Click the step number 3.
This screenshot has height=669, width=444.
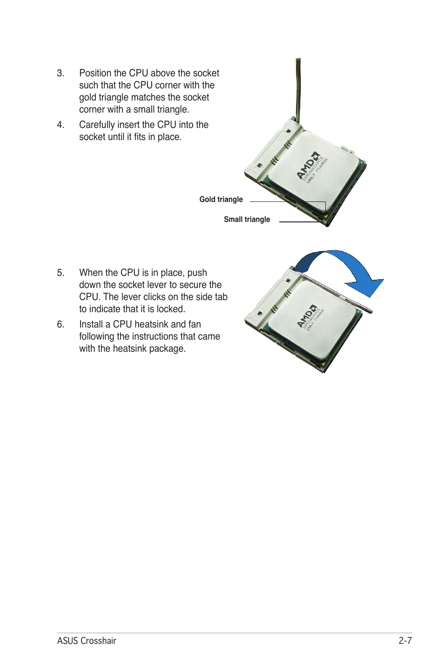pos(60,74)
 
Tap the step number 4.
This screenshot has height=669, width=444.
pos(60,125)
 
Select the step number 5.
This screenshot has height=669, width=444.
pos(60,273)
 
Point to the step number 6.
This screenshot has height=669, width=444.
pos(60,325)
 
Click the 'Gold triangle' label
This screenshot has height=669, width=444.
pos(221,200)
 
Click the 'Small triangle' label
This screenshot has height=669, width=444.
pos(247,220)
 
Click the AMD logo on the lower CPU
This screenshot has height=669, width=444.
pos(307,316)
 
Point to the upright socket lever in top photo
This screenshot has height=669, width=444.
pos(296,88)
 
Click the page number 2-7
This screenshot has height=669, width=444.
pos(405,641)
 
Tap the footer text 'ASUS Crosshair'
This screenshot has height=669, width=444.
pos(87,641)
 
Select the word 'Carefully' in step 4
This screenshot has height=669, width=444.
pos(97,125)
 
